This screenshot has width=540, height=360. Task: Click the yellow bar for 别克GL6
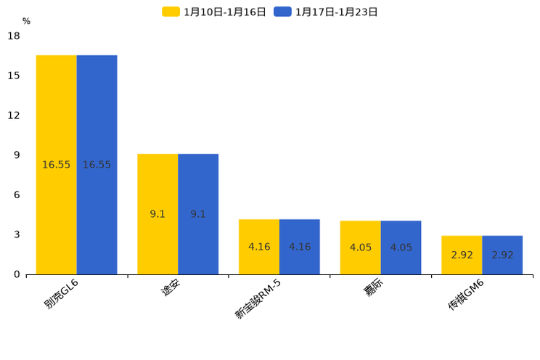(x=56, y=165)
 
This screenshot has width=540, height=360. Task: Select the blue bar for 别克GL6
(x=97, y=165)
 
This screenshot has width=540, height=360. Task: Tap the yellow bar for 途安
(x=157, y=214)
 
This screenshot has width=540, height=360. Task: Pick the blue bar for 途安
(x=198, y=214)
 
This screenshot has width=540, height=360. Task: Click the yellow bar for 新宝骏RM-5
(x=259, y=247)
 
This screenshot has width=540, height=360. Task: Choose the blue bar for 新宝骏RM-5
(x=300, y=247)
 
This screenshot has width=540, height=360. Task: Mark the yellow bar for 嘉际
(x=361, y=247)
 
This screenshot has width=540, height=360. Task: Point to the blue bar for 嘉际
(x=401, y=247)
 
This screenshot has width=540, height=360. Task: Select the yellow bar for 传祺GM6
(x=462, y=255)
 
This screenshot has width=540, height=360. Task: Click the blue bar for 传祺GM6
(x=503, y=255)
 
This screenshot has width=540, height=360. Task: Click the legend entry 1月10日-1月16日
(x=215, y=12)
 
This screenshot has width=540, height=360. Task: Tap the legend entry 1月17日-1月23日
(x=326, y=12)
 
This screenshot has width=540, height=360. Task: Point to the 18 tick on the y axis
(x=14, y=36)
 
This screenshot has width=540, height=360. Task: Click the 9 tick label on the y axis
(x=17, y=155)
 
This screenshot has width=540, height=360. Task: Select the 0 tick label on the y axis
(x=17, y=274)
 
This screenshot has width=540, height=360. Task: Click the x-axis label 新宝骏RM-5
(x=258, y=298)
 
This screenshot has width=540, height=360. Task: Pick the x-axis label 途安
(x=170, y=288)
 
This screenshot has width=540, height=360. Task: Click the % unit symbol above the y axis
(x=26, y=21)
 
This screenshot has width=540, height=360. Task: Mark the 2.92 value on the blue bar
(x=503, y=255)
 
